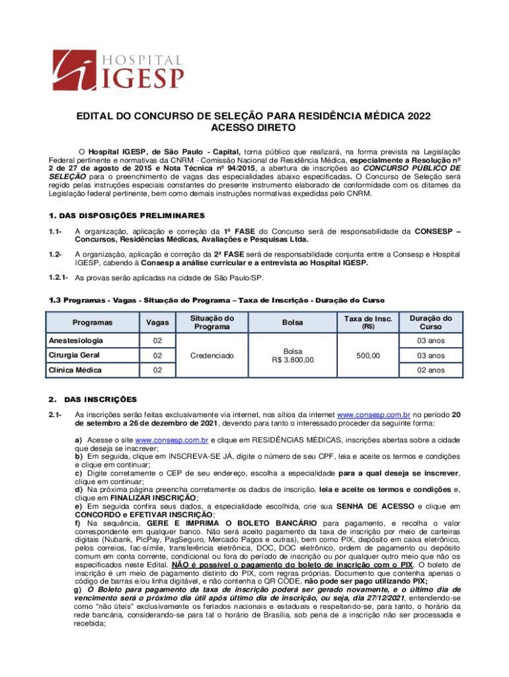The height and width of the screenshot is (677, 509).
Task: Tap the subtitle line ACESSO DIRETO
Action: (254, 128)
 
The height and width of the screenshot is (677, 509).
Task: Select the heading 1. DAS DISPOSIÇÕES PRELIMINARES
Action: (128, 216)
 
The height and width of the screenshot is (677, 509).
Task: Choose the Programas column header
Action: (93, 322)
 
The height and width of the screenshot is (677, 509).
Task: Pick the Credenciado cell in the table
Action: (212, 356)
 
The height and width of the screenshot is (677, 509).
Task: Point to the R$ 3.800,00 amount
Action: (292, 360)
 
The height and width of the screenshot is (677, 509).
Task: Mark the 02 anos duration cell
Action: (430, 370)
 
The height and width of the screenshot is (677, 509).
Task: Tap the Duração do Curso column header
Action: (430, 322)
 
